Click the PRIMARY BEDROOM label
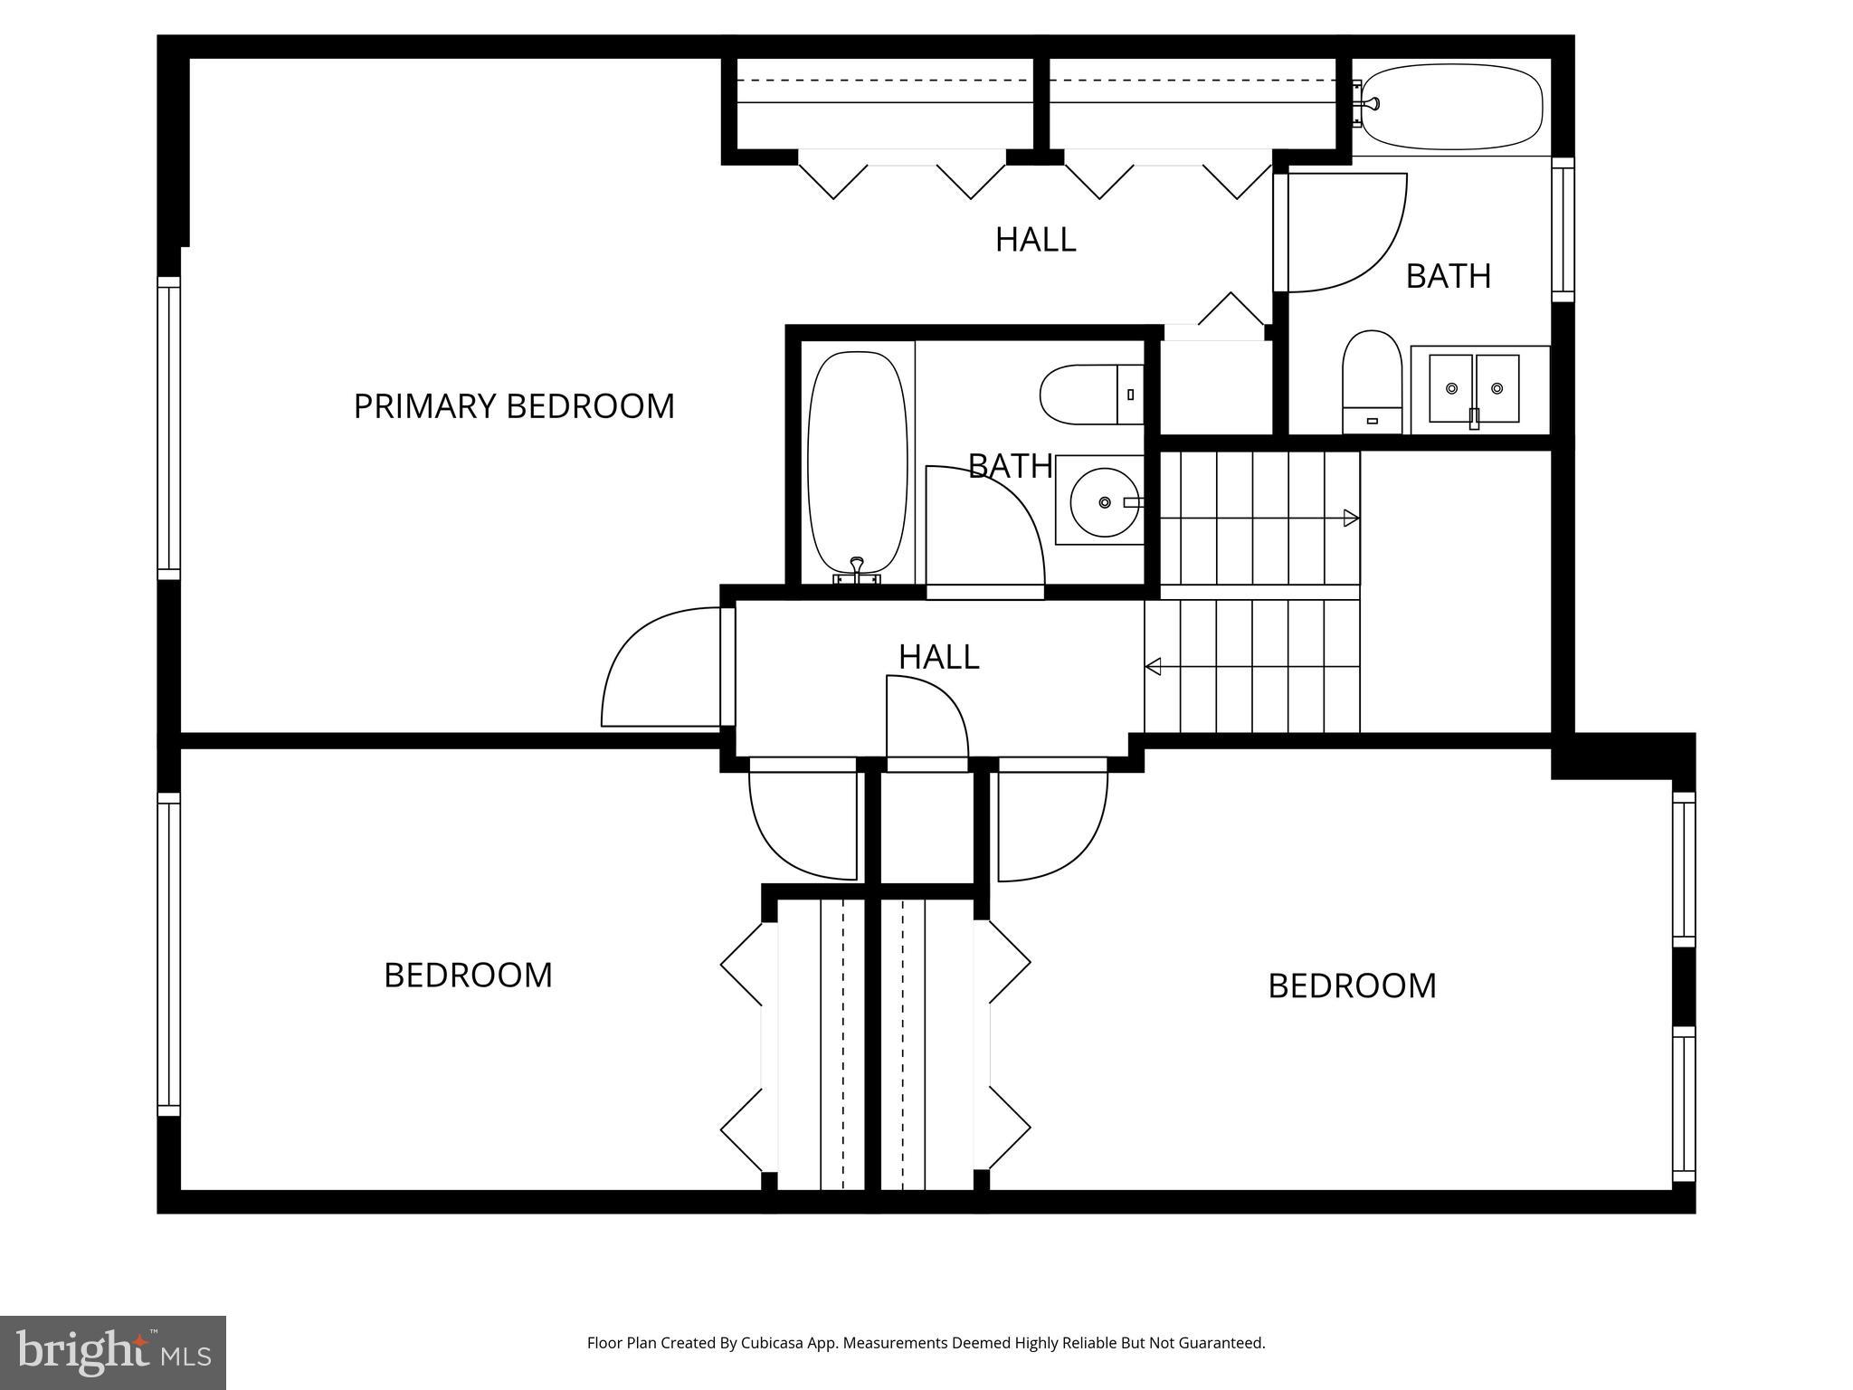513,406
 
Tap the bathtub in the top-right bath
1451,106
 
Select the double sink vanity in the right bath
1474,389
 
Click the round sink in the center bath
1104,502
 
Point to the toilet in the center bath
1091,394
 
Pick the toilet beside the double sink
1372,380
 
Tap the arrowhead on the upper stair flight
1351,519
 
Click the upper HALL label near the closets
1035,240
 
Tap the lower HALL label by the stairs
938,657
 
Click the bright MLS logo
112,1352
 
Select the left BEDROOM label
468,976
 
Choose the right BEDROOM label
1352,986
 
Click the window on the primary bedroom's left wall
168,427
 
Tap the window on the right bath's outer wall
1563,229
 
